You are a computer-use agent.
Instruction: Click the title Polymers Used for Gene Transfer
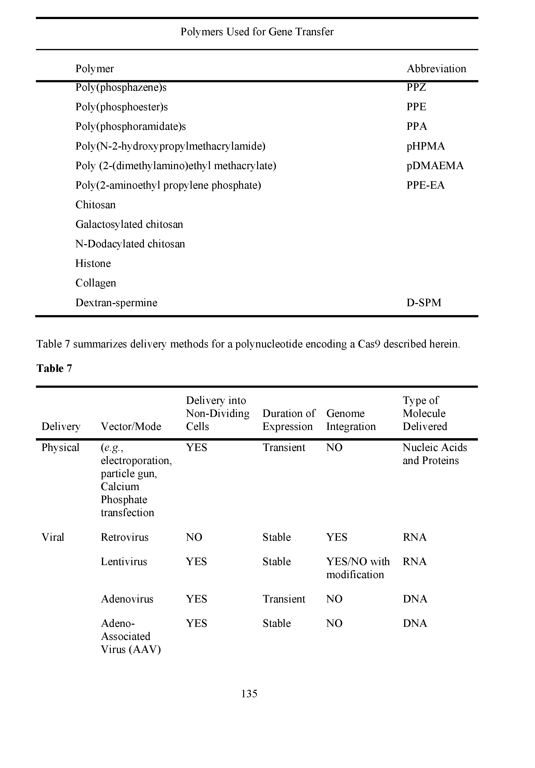(x=257, y=32)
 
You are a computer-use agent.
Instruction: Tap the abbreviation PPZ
(x=416, y=87)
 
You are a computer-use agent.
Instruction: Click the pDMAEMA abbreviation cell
(x=435, y=166)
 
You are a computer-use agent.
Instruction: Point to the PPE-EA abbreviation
(x=425, y=185)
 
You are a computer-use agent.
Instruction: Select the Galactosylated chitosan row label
(x=129, y=224)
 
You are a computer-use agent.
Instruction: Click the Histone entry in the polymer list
(x=93, y=263)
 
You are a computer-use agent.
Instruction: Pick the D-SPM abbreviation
(x=424, y=302)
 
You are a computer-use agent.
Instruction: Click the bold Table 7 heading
(x=54, y=368)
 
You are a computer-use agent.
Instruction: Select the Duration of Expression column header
(x=288, y=420)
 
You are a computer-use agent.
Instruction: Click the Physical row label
(x=60, y=447)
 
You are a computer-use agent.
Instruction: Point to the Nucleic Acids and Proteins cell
(x=435, y=454)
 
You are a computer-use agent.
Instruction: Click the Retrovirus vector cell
(x=124, y=537)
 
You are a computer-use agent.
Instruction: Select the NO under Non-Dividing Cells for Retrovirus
(x=194, y=537)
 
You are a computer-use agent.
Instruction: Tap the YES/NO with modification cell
(x=358, y=568)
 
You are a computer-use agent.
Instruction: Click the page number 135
(x=249, y=693)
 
